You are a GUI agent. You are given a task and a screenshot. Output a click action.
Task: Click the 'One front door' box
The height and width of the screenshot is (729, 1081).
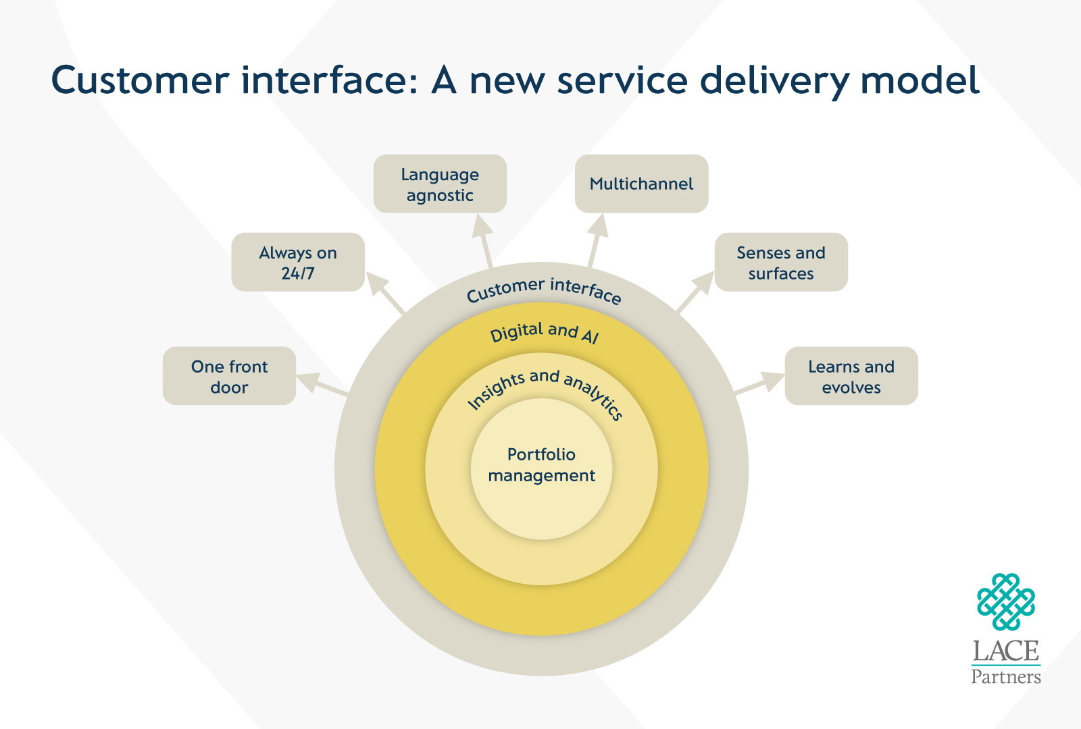coord(229,376)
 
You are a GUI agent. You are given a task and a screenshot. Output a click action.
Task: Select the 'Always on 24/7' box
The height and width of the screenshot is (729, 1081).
coord(298,262)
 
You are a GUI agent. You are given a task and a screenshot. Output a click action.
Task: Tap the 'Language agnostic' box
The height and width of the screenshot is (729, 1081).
coord(440,184)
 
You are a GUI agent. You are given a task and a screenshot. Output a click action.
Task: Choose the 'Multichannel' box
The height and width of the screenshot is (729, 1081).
coord(641,184)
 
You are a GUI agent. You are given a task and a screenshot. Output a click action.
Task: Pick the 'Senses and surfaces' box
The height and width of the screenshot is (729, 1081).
coord(781,262)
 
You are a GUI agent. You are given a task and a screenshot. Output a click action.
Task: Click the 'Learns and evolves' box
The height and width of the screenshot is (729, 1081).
coord(851,376)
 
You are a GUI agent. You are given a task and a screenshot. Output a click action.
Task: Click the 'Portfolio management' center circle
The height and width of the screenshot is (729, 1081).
coord(541,466)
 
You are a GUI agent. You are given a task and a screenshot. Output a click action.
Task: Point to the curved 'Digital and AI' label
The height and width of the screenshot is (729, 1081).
coord(545,332)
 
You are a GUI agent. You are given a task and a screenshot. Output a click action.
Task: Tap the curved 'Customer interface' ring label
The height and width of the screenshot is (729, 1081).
coord(544,290)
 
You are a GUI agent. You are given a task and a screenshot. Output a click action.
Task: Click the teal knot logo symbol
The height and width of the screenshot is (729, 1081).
coord(1005,602)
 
